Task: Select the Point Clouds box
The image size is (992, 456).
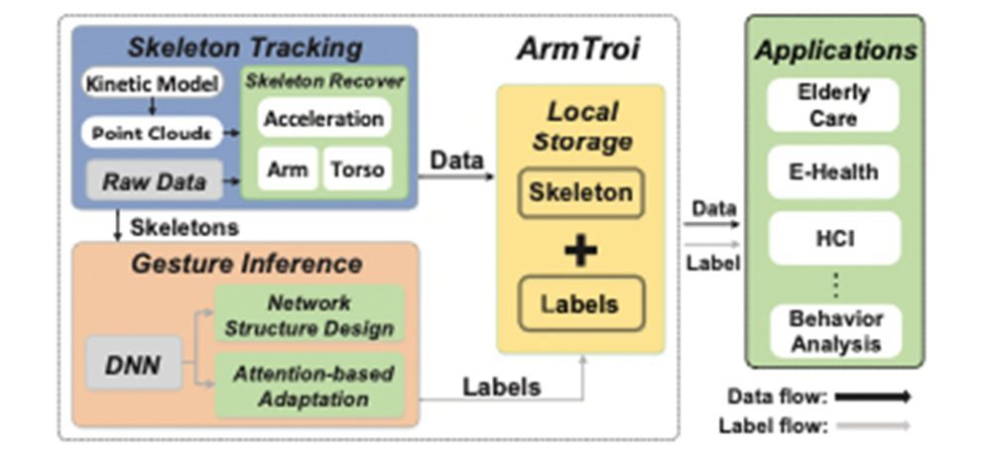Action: (152, 132)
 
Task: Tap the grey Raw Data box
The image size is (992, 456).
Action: (154, 181)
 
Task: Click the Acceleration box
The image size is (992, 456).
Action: (323, 119)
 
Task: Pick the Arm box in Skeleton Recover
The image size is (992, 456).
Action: (287, 170)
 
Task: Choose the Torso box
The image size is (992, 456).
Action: (357, 170)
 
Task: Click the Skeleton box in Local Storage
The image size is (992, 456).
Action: (580, 192)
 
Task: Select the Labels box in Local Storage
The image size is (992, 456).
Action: (580, 303)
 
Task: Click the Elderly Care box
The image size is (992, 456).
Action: (833, 105)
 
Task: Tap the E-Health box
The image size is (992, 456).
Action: (833, 172)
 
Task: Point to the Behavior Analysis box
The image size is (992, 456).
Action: (833, 331)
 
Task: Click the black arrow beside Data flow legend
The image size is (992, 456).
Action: (872, 397)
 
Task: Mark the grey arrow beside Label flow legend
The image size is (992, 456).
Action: (872, 426)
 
